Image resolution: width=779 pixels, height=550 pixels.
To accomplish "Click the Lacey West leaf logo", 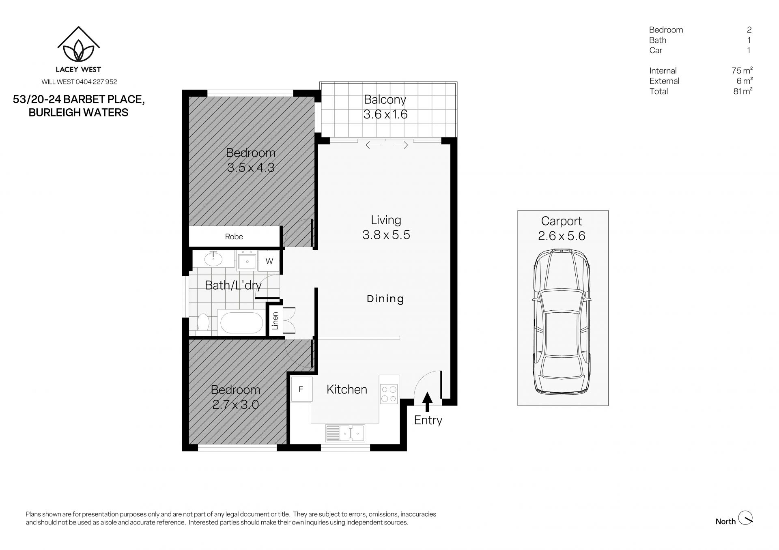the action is pos(79,44).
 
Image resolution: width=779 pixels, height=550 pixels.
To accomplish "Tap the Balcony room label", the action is pos(385,99).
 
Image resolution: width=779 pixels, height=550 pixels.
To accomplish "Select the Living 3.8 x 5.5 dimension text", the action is pos(386,235).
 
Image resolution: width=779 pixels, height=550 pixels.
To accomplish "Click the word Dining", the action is pos(385,299).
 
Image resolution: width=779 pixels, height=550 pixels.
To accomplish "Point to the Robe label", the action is pos(234,236).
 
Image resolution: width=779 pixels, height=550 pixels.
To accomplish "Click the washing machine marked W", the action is pos(269,261).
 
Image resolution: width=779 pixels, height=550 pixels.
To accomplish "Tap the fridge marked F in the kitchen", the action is pos(301,389).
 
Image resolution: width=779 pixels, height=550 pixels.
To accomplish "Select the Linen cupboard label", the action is pos(275,320).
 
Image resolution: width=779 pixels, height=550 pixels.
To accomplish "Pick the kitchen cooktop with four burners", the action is pos(389,394).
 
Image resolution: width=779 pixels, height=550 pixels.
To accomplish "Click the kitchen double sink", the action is pos(345,433).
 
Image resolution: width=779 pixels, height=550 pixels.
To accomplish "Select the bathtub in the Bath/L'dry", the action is pos(241,323).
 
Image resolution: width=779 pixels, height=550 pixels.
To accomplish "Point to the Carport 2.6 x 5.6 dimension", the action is pos(562,236).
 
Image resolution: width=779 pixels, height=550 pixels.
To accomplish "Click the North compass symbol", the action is pos(745,518).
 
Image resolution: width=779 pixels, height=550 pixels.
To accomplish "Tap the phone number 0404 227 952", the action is pos(97,82).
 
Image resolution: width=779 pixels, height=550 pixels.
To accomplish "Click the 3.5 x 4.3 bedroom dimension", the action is pos(251,168).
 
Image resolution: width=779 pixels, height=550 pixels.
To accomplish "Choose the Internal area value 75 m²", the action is pos(742,71).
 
